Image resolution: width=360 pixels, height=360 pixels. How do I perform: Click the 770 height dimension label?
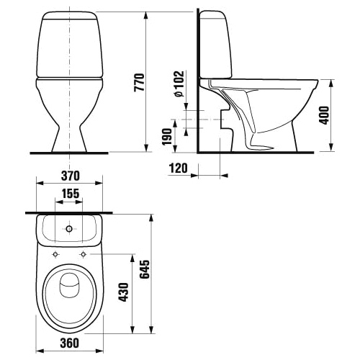tap(140, 83)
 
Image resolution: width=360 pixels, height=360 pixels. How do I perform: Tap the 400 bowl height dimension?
tap(325, 115)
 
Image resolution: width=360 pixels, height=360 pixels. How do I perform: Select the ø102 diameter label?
tap(179, 84)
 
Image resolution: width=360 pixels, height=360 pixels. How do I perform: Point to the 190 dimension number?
tap(167, 138)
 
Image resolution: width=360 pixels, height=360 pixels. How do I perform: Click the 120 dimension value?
tap(179, 168)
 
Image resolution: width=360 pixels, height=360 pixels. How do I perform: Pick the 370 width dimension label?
tap(70, 176)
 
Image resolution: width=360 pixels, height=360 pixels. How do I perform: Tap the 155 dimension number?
tap(71, 194)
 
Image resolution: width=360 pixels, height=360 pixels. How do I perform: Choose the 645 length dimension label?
tap(145, 269)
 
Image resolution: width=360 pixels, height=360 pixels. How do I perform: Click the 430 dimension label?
tap(124, 292)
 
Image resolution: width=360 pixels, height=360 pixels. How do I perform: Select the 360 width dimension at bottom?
tap(70, 343)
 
